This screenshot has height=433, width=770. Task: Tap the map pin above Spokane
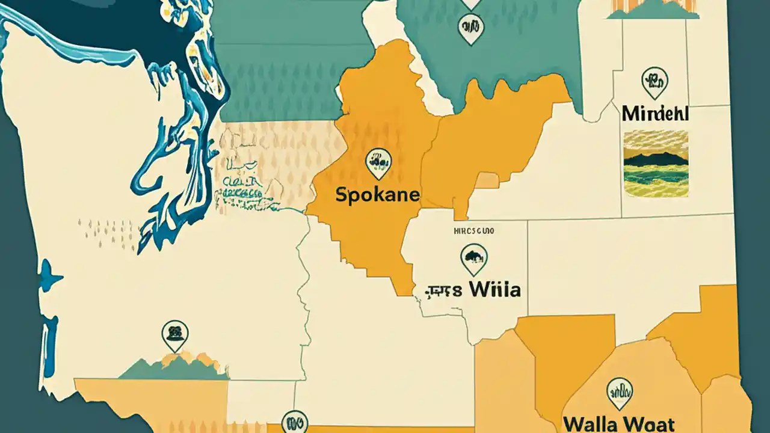point(378,162)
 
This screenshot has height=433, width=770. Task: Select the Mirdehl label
point(654,113)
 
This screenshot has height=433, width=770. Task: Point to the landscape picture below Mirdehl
point(656,163)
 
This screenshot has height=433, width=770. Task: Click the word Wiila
point(494,290)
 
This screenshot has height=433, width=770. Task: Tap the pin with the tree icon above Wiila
point(473,258)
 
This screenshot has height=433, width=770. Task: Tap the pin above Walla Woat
point(619,392)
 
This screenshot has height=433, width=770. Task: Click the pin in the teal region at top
point(470,28)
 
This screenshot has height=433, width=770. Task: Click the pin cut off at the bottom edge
point(294,422)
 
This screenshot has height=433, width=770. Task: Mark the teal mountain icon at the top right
point(653,10)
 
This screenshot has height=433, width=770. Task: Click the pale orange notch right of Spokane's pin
point(487,180)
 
